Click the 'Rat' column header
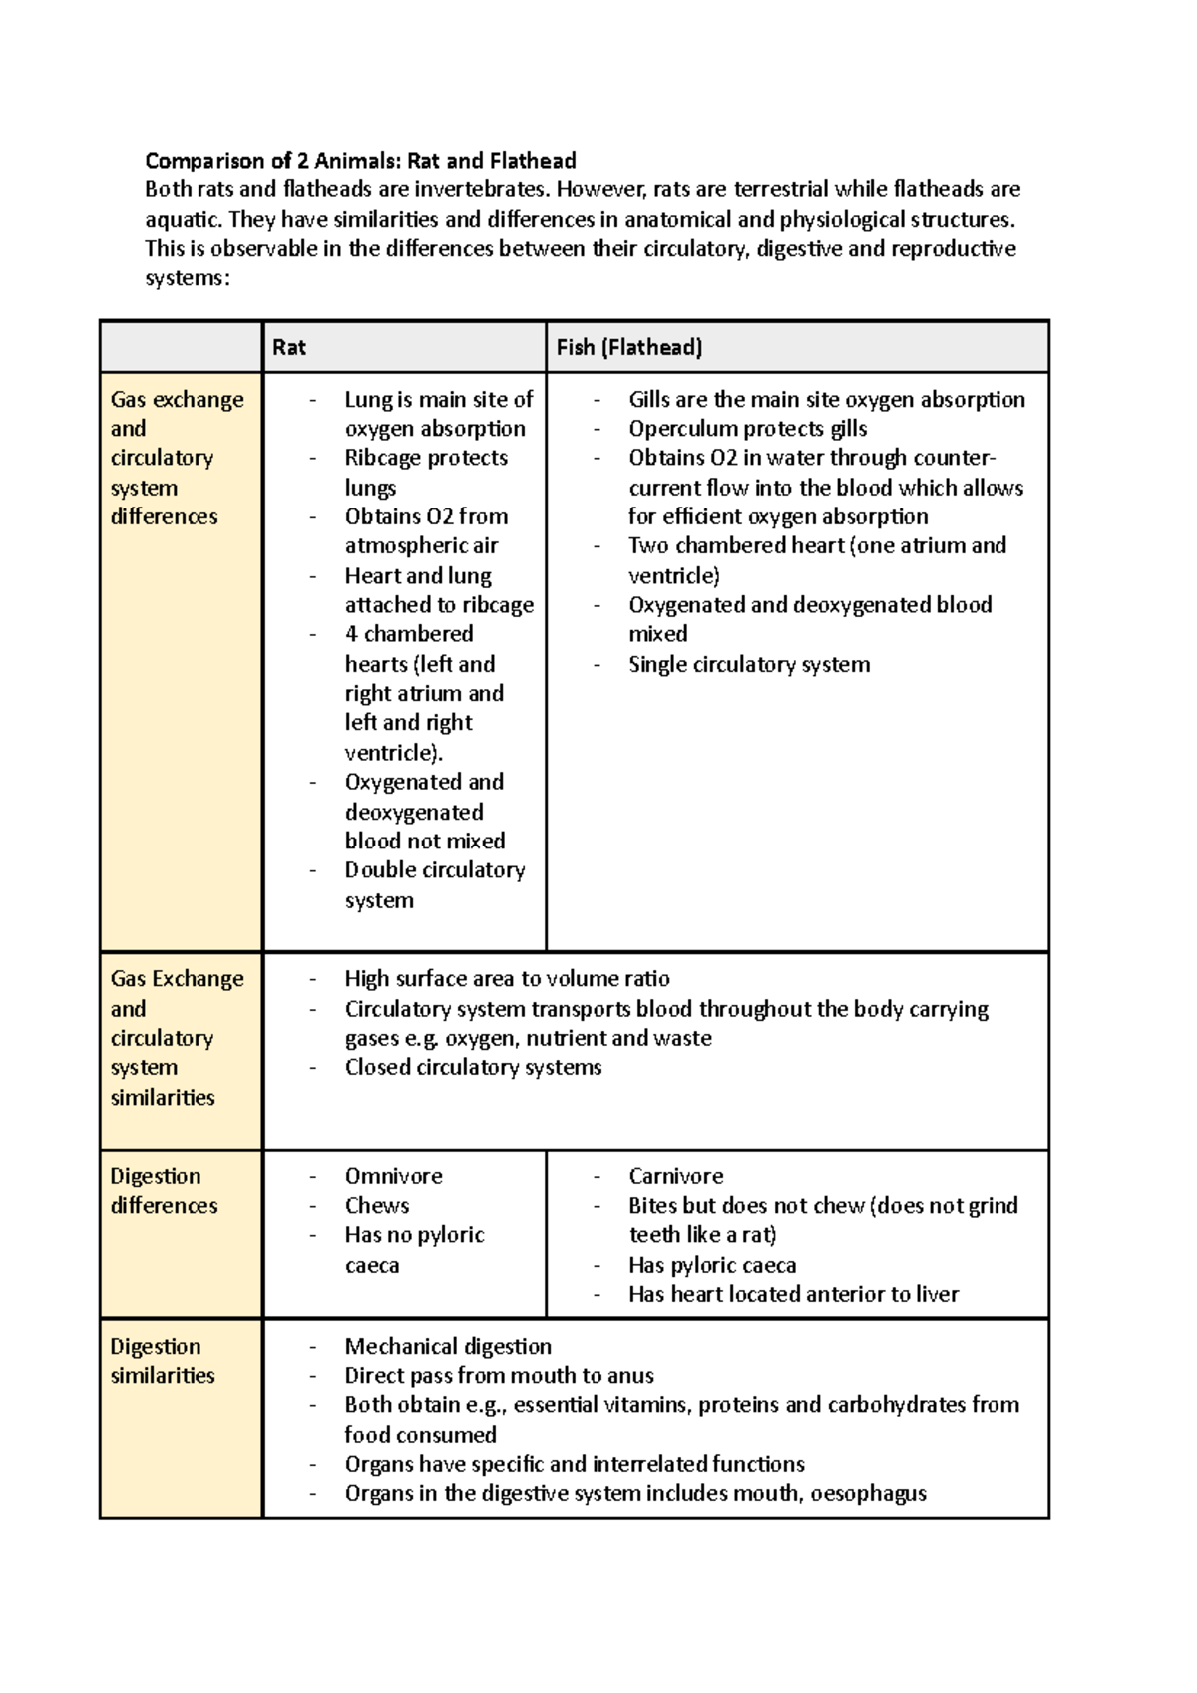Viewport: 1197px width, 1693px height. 289,348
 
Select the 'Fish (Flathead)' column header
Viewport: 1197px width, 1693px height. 629,348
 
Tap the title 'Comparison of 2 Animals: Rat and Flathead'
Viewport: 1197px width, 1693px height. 360,161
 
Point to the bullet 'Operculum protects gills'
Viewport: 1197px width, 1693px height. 747,429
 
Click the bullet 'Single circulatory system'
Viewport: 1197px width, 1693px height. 748,665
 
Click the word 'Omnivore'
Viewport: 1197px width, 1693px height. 393,1177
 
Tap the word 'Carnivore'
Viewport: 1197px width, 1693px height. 675,1177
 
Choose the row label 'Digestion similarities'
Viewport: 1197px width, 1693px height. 162,1361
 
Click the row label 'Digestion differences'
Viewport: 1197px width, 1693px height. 163,1190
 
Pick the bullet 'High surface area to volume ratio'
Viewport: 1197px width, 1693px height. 507,979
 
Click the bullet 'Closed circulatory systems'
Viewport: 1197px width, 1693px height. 473,1068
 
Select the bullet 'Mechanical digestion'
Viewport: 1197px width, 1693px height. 447,1347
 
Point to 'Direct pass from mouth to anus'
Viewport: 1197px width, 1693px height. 499,1376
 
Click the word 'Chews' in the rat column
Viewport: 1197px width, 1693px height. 377,1206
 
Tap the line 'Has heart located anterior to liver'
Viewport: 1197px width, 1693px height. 793,1295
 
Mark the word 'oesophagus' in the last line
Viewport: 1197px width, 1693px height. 868,1494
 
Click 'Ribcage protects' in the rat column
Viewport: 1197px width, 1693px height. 426,458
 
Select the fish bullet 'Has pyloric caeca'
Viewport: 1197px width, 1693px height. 712,1266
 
